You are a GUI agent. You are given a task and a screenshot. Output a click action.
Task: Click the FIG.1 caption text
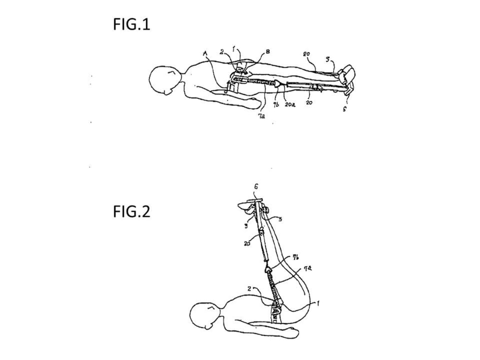click(132, 24)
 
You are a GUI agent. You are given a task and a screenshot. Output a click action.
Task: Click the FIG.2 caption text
click(132, 211)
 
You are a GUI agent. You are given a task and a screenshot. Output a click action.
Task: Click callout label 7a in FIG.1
click(262, 115)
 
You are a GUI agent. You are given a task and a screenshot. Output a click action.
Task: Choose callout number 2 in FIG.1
click(222, 51)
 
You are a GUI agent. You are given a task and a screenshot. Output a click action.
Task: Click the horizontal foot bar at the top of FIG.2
click(254, 201)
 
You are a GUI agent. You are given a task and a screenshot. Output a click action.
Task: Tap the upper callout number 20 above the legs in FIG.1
click(306, 54)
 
